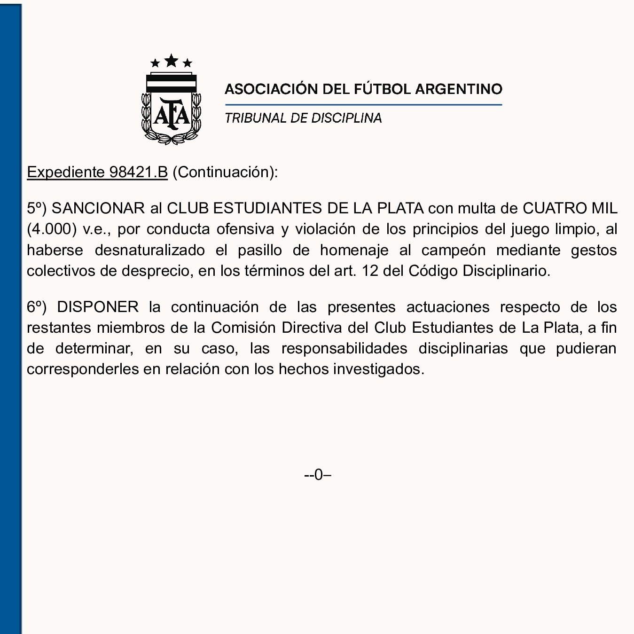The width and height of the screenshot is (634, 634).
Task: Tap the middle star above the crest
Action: click(x=172, y=61)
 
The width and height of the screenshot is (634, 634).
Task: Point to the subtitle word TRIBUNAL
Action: click(x=255, y=118)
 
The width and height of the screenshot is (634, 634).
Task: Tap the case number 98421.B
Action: click(x=138, y=172)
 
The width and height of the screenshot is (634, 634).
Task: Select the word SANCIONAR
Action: click(x=98, y=208)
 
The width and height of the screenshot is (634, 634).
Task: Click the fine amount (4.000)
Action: click(x=52, y=229)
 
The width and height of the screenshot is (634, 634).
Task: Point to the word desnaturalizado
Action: click(x=149, y=250)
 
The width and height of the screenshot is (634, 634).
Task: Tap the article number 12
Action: click(x=370, y=271)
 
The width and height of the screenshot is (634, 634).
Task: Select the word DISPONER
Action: click(x=98, y=307)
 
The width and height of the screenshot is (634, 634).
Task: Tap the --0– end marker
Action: click(x=318, y=475)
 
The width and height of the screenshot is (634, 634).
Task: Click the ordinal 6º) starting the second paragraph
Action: click(x=37, y=307)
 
